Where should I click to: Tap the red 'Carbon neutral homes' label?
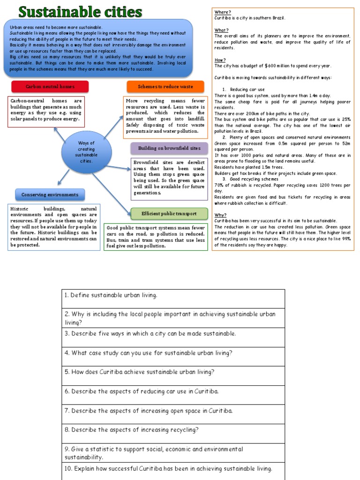pyautogui.click(x=50, y=87)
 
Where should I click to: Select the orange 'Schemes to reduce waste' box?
pyautogui.click(x=165, y=87)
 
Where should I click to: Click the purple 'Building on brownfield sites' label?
pyautogui.click(x=169, y=149)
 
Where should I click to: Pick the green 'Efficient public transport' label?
pyautogui.click(x=169, y=214)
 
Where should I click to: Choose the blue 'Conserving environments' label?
pyautogui.click(x=50, y=195)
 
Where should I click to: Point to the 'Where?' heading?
pyautogui.click(x=222, y=12)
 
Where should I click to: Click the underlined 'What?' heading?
pyautogui.click(x=221, y=30)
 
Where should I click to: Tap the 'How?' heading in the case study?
pyautogui.click(x=220, y=60)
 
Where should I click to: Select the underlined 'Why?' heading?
pyautogui.click(x=220, y=215)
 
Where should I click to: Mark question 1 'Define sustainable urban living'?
pyautogui.click(x=110, y=295)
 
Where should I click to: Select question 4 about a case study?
pyautogui.click(x=148, y=353)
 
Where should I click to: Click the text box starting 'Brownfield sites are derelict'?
pyautogui.click(x=169, y=177)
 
